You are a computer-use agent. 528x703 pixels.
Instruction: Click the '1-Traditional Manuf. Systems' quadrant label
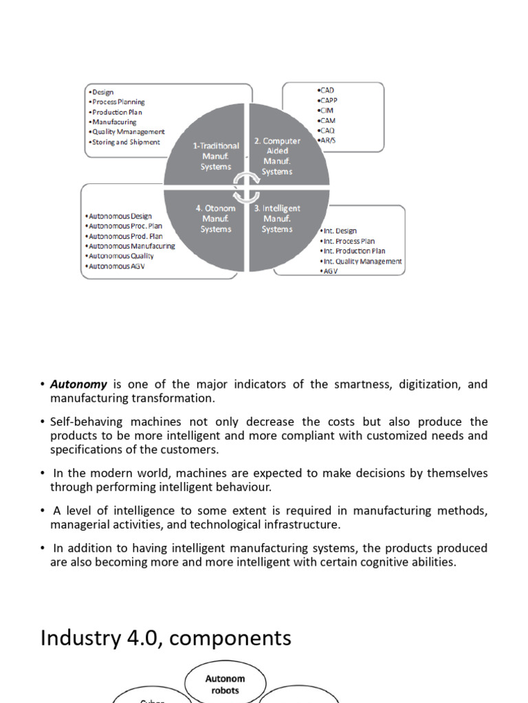[216, 156]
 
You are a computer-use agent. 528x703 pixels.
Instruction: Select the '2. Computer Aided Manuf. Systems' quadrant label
[277, 156]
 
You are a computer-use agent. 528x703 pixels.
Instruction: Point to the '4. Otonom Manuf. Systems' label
[216, 218]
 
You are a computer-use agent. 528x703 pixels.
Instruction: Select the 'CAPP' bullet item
[328, 100]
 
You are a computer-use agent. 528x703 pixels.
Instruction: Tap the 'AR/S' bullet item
[328, 140]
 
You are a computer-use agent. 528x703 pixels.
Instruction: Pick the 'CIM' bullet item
[327, 110]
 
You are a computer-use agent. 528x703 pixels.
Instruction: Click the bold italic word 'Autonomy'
[78, 384]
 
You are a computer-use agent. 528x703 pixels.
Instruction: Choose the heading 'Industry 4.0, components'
[166, 638]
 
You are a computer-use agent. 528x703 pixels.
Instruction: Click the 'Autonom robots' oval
[225, 684]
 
